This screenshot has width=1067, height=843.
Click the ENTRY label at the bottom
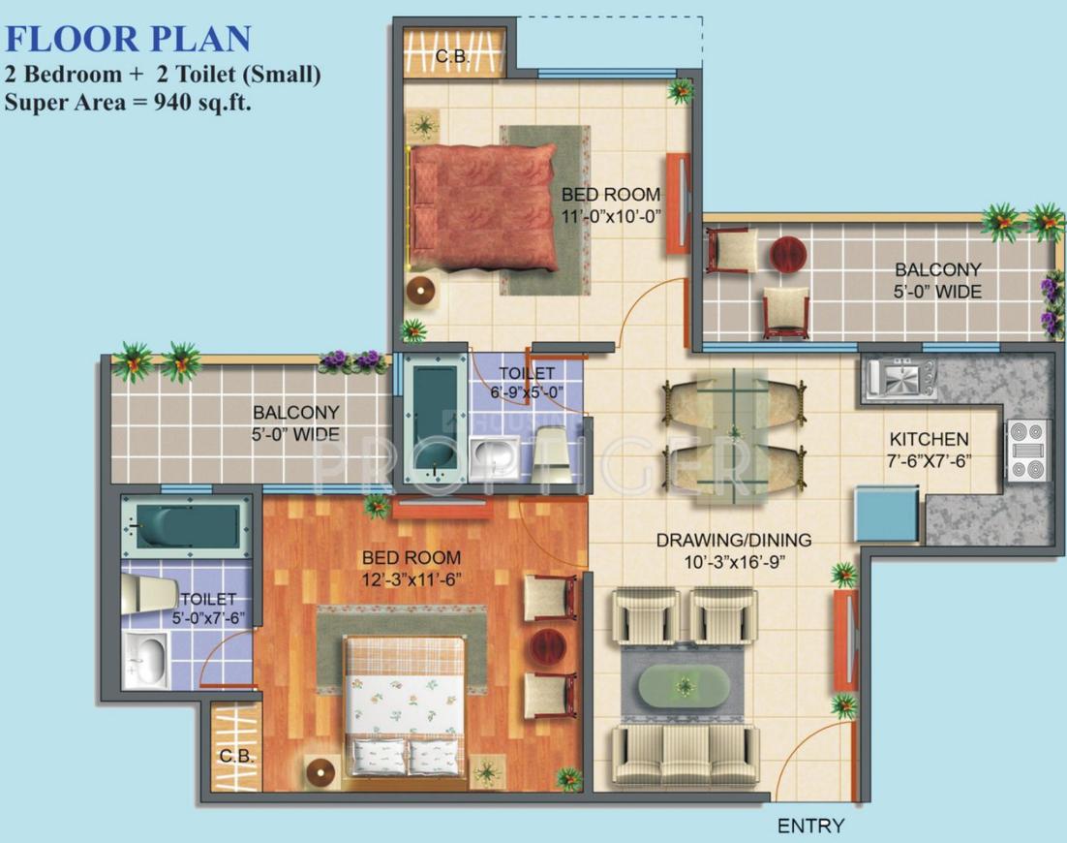click(x=810, y=826)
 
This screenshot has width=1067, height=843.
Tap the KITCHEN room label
click(x=929, y=439)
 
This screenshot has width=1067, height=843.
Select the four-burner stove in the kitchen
click(x=1027, y=450)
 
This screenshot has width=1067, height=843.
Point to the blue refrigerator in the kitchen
click(x=886, y=513)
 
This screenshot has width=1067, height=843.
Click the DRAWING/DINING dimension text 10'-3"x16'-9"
click(x=733, y=561)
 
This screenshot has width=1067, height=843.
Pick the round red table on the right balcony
click(x=787, y=254)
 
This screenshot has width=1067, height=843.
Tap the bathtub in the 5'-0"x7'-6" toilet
click(x=186, y=526)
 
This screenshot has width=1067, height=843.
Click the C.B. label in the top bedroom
click(x=452, y=57)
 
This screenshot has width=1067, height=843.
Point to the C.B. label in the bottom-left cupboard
click(x=236, y=755)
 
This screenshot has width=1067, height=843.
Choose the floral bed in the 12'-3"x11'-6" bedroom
click(x=406, y=705)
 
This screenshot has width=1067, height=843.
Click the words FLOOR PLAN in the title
click(x=128, y=39)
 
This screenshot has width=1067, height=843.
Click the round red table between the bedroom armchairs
click(x=549, y=644)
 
